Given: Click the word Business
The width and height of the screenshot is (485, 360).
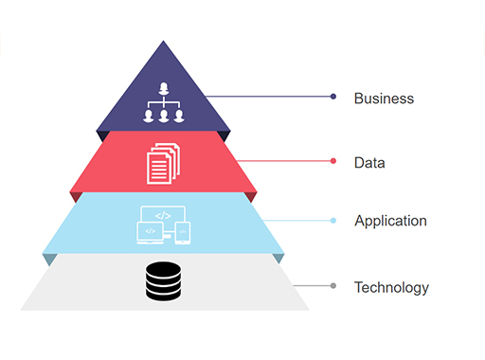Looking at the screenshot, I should click(x=384, y=98).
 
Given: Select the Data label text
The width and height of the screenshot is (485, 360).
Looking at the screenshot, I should click(x=369, y=162).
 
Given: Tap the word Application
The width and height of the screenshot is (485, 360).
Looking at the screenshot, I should click(x=390, y=221).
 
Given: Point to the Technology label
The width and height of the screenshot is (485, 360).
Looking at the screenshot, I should click(x=391, y=287).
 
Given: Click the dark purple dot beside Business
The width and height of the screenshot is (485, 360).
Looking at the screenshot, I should click(x=333, y=97).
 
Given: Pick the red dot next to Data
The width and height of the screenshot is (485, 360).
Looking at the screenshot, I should click(x=333, y=161).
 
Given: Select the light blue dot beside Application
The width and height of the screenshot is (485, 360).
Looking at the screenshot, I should click(x=333, y=221).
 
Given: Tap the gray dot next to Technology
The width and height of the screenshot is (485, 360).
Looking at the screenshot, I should click(x=333, y=285).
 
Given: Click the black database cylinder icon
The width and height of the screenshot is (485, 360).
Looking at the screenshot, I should click(x=164, y=281).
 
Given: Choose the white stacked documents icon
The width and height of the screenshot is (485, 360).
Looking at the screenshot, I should click(x=163, y=162).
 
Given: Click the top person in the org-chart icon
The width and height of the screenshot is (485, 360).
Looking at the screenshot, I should click(x=164, y=90).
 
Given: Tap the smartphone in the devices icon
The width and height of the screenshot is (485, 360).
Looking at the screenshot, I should click(x=184, y=231).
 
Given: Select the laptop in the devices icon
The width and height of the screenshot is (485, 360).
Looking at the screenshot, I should click(x=149, y=232).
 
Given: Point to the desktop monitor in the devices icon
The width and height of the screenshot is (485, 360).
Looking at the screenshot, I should click(x=162, y=217).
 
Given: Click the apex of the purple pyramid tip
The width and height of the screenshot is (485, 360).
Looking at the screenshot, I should click(x=164, y=42).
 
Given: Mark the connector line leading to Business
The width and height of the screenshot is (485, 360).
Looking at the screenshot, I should click(x=270, y=97).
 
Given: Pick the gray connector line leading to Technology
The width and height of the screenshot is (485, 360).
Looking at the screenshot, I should click(x=313, y=285).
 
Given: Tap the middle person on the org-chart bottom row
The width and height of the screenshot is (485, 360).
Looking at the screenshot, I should click(x=164, y=116).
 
